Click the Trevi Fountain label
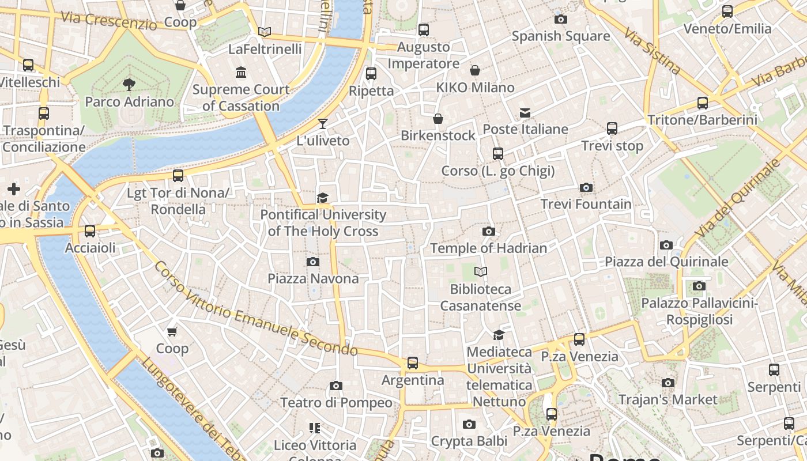[586, 204]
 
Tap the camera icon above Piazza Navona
[312, 262]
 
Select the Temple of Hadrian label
[488, 248]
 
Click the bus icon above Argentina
[413, 363]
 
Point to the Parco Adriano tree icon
[129, 85]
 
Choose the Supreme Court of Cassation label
[241, 97]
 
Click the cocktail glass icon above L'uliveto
[323, 124]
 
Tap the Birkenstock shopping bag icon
[438, 119]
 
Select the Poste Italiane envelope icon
[525, 112]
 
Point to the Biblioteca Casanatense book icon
[480, 271]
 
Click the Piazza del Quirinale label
[666, 262]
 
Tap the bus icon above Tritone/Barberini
[702, 103]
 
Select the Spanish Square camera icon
[560, 19]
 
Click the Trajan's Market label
[668, 399]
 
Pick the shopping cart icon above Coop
[172, 331]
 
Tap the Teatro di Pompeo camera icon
[335, 386]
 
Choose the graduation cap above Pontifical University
[323, 198]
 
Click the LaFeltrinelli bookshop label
[265, 49]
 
